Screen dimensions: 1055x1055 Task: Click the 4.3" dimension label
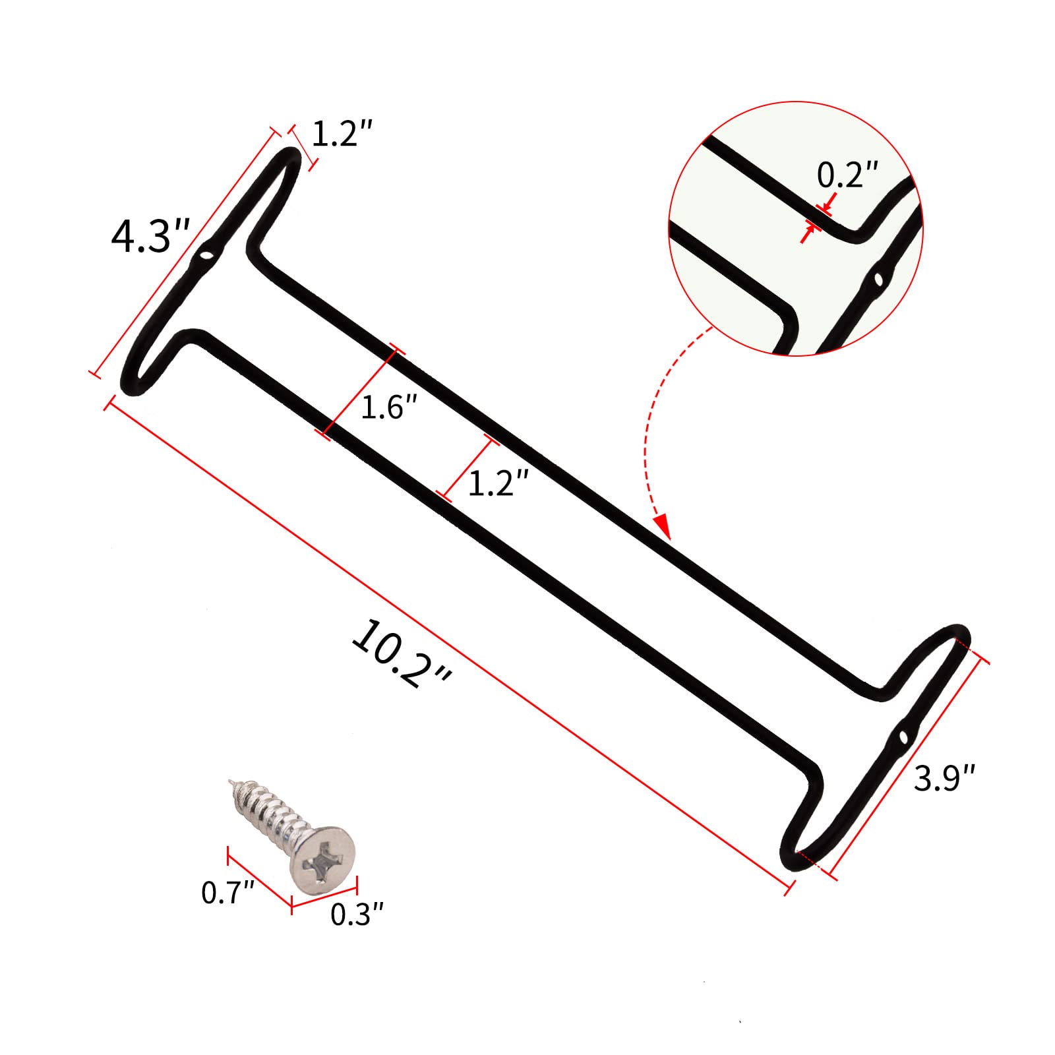click(150, 235)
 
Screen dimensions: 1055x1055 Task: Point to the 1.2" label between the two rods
click(498, 483)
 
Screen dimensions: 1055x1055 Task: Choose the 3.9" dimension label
click(944, 778)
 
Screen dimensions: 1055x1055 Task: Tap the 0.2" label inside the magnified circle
click(848, 175)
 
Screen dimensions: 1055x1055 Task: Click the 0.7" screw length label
click(228, 893)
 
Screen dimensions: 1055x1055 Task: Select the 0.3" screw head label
click(357, 914)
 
